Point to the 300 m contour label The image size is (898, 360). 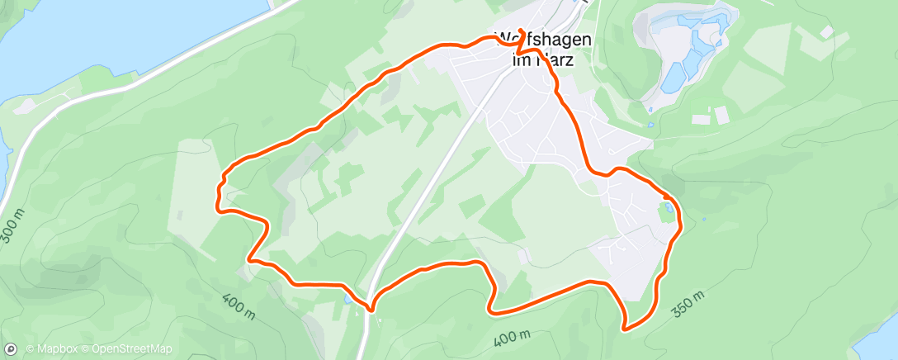coord(13,225)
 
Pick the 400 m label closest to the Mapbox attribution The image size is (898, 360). coord(238,303)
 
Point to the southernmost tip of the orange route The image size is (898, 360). coord(626,329)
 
